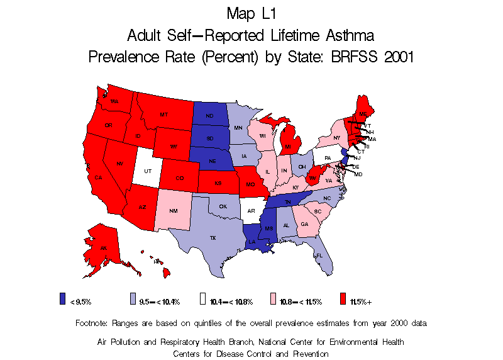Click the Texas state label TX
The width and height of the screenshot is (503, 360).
point(213,239)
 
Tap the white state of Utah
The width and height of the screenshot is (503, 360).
point(147,171)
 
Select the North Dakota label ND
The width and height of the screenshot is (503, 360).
point(209,116)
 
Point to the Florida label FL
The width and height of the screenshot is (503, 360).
point(319,256)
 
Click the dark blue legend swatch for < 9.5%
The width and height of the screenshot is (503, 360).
point(62,298)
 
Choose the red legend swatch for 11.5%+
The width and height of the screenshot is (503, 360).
point(343,298)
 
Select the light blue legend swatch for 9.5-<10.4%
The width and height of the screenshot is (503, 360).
point(132,298)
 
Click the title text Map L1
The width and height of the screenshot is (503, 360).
point(251,13)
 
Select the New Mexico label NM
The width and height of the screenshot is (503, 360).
point(174,211)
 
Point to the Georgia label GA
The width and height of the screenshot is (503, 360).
point(304,225)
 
